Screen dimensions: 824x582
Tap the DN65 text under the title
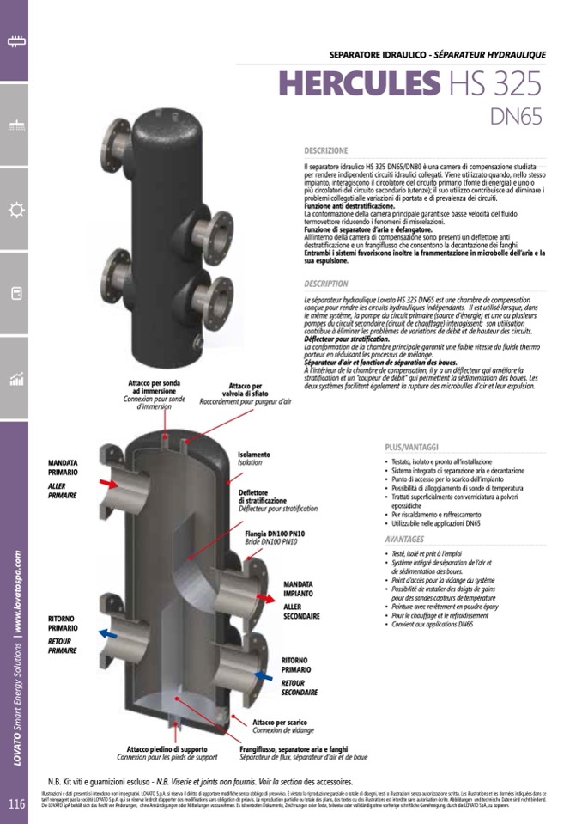(x=515, y=116)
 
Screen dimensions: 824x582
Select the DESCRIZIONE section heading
(x=325, y=150)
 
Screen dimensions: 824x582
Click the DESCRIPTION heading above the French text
(x=325, y=284)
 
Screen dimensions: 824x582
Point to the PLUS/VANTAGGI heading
(x=411, y=448)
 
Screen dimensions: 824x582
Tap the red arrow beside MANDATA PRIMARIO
(x=108, y=485)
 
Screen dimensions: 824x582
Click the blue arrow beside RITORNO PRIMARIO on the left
(x=107, y=633)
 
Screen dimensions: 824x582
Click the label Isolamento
(x=253, y=454)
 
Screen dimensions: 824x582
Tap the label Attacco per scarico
(x=281, y=722)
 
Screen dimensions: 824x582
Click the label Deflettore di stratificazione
(x=263, y=496)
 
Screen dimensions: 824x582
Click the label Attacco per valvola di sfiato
(x=246, y=391)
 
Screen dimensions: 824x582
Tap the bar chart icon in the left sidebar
(x=15, y=379)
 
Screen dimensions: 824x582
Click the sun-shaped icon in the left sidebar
(x=15, y=210)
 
